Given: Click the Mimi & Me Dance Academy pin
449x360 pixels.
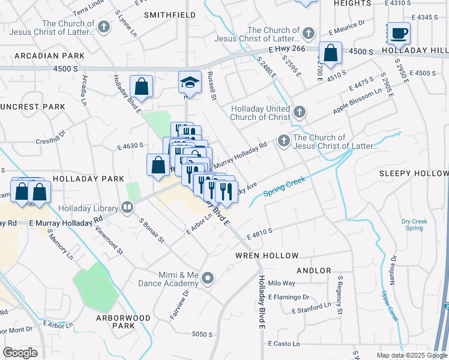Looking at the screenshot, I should (x=208, y=278).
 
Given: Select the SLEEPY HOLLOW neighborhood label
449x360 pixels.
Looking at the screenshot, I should (x=414, y=173).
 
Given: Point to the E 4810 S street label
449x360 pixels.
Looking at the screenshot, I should (x=257, y=230).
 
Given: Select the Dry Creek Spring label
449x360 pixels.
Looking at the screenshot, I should (x=414, y=224).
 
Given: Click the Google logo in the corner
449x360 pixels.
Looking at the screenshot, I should (x=20, y=353).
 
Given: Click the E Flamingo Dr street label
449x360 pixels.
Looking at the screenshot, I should (x=289, y=297).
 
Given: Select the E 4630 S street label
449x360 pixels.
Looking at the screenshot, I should (x=131, y=146).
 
